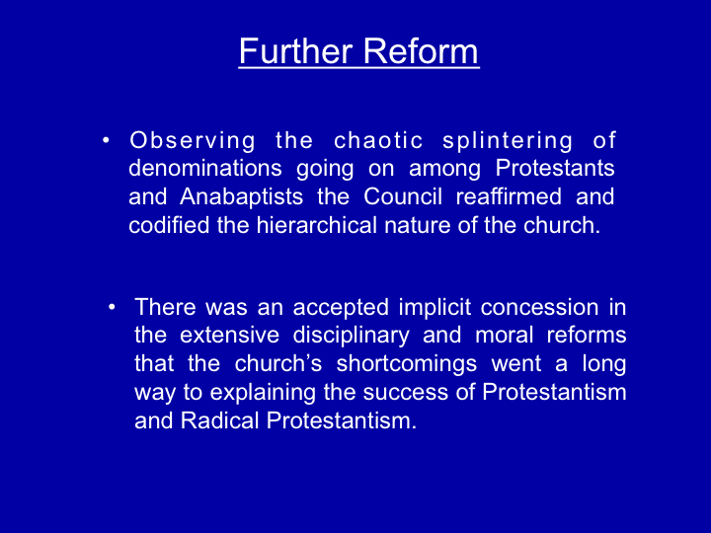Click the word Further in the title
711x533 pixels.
click(295, 50)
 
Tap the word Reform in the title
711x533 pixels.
click(421, 50)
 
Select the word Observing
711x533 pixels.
click(193, 141)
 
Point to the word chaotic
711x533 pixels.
click(378, 140)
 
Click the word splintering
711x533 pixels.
click(508, 141)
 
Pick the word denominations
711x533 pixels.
click(205, 168)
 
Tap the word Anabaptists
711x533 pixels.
click(241, 196)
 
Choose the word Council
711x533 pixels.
click(403, 196)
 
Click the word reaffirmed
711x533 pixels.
click(509, 196)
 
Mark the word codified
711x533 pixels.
click(169, 225)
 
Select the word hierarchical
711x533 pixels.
click(317, 225)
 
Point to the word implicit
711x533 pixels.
click(434, 307)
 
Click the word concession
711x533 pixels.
click(539, 307)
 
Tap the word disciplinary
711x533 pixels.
click(351, 336)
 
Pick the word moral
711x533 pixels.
click(504, 336)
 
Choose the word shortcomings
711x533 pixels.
click(406, 364)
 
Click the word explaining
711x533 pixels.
click(263, 393)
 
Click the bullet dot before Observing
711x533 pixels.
click(106, 140)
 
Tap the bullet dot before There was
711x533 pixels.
click(112, 308)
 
